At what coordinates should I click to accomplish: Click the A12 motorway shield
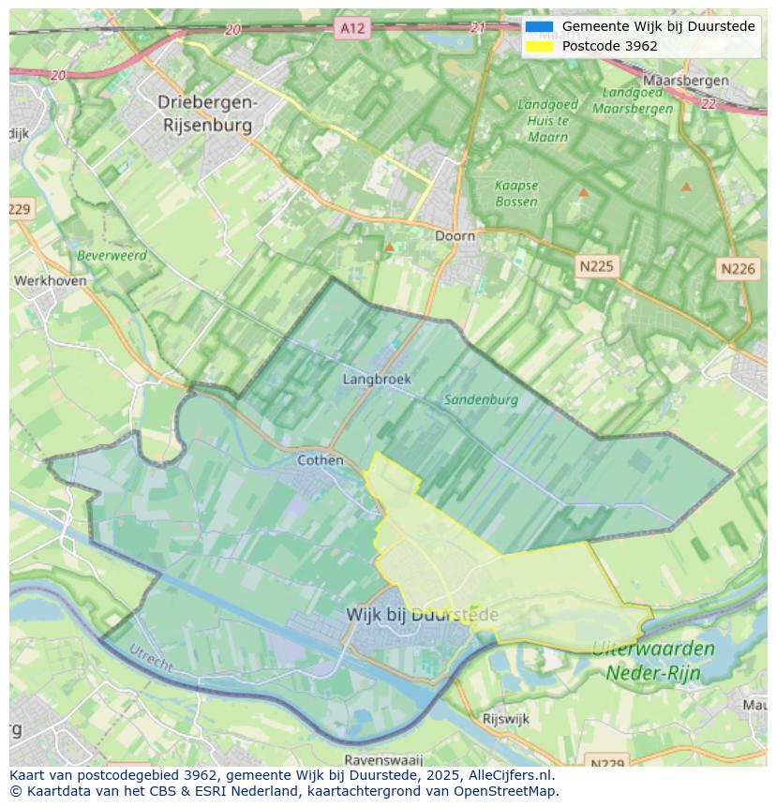[x=352, y=28]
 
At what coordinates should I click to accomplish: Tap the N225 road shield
[x=596, y=266]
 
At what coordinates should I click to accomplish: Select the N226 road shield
[x=738, y=269]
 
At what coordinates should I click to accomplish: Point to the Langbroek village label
[x=377, y=380]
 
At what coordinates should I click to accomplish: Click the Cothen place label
[x=321, y=460]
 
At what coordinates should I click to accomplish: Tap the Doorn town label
[x=455, y=236]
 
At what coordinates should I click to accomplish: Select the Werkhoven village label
[x=50, y=280]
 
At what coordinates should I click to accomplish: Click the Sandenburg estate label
[x=481, y=399]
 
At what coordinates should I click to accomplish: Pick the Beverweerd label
[x=112, y=255]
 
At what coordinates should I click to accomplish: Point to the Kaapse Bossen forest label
[x=516, y=193]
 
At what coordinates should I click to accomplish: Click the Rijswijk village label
[x=506, y=719]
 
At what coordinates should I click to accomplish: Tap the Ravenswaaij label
[x=383, y=759]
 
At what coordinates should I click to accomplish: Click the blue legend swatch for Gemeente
[x=539, y=26]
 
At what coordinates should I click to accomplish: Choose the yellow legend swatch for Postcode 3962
[x=539, y=46]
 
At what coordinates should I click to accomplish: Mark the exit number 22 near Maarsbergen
[x=708, y=104]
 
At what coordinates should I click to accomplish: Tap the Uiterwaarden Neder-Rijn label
[x=653, y=660]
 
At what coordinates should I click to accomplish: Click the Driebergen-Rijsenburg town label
[x=205, y=112]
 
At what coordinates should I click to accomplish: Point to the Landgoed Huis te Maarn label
[x=548, y=120]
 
